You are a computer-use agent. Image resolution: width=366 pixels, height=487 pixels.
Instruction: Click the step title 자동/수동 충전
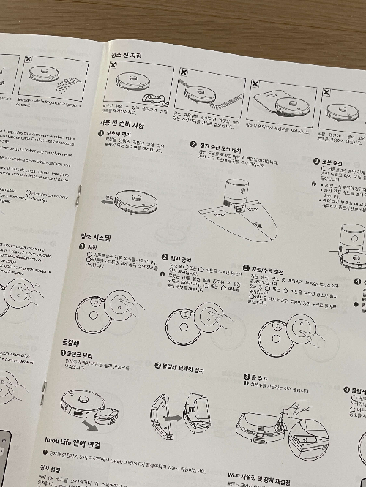point(268,268)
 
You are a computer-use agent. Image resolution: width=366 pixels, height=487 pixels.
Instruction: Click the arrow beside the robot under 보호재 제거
point(110,199)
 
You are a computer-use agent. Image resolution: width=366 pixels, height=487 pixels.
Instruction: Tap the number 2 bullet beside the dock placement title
point(193,145)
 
